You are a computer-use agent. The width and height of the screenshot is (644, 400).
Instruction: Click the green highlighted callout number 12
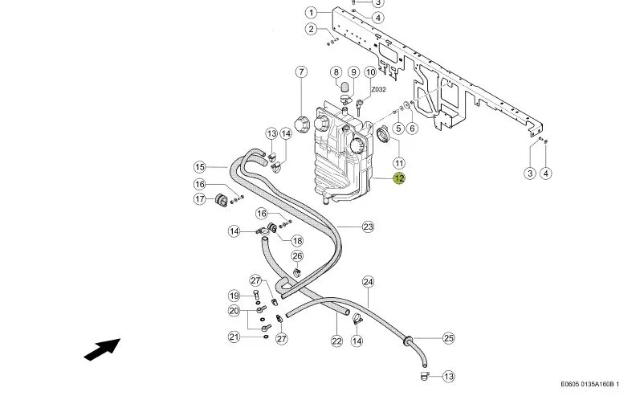(399, 178)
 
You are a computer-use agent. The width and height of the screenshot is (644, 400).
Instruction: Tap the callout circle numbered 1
(312, 13)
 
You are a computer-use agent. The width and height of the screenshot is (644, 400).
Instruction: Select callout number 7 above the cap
(301, 72)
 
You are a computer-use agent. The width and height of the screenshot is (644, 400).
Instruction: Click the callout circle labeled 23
(368, 227)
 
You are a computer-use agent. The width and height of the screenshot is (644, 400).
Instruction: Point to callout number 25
(449, 338)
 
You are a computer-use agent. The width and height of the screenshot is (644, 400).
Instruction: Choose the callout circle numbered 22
(336, 341)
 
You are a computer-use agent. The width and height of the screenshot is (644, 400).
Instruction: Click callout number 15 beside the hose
(200, 167)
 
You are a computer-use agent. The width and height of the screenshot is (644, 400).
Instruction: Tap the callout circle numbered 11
(399, 163)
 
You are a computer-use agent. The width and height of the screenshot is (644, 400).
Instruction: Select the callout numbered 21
(234, 337)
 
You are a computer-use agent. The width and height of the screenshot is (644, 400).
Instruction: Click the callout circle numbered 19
(234, 296)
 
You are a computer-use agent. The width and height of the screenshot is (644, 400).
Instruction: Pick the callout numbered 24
(368, 282)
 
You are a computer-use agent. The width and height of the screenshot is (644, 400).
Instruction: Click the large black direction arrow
(102, 349)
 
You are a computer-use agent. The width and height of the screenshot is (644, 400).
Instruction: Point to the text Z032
(378, 89)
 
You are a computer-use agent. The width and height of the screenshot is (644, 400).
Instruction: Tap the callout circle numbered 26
(297, 256)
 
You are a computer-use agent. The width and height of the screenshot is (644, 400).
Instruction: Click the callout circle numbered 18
(297, 241)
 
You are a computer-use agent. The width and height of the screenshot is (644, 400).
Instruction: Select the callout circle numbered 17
(200, 199)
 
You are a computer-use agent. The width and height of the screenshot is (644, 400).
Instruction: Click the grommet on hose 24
(408, 341)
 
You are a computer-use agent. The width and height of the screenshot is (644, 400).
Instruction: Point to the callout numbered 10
(370, 72)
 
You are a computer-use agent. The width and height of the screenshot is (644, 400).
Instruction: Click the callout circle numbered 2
(312, 29)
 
